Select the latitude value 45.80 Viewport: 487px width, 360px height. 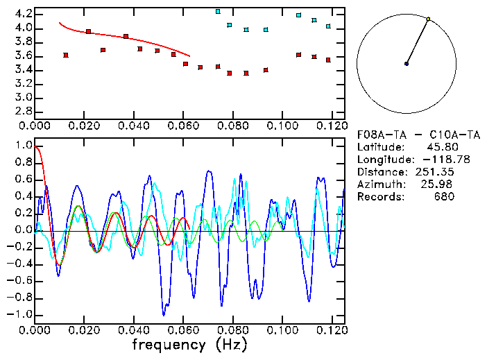[440, 147]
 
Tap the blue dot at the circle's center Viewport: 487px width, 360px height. [407, 64]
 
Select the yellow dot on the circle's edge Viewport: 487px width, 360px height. [428, 19]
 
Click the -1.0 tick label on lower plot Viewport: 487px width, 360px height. [19, 314]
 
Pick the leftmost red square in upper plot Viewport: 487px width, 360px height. [66, 55]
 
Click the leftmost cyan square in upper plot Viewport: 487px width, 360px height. [218, 12]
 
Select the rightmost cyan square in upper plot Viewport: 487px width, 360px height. [328, 26]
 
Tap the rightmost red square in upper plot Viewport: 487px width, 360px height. [328, 60]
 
